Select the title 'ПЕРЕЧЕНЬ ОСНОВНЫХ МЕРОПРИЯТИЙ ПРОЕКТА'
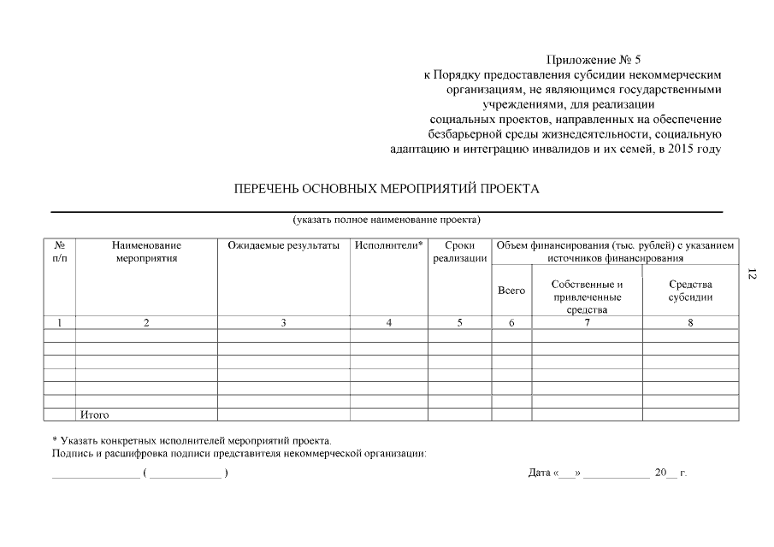[x=387, y=189]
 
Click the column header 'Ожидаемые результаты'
[x=283, y=245]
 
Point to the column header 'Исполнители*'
[x=388, y=245]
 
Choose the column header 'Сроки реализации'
[x=459, y=251]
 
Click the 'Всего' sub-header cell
[x=511, y=291]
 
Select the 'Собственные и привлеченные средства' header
[x=587, y=297]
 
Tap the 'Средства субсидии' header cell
[x=690, y=291]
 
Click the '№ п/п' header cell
[x=60, y=251]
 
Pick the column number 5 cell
[x=459, y=322]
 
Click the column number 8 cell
[x=690, y=322]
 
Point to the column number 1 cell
[x=60, y=322]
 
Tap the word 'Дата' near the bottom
[x=539, y=473]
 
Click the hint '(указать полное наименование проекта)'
[x=387, y=220]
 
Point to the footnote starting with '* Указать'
[x=191, y=439]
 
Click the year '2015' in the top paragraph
[x=682, y=149]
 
